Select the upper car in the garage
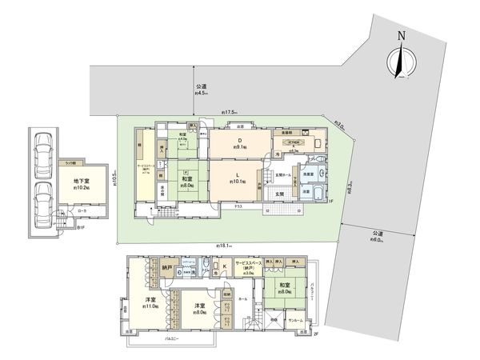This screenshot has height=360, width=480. (43, 150)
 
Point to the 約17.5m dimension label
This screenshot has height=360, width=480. (232, 112)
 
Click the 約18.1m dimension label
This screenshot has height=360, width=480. (223, 244)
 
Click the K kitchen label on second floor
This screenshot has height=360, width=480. (225, 266)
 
